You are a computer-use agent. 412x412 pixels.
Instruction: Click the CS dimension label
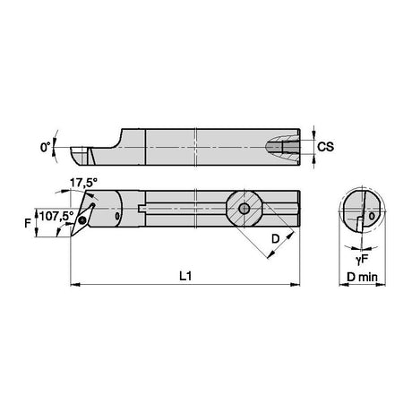(325, 147)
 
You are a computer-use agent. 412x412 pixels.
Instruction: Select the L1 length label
(185, 276)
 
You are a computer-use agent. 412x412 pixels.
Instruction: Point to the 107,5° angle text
(56, 216)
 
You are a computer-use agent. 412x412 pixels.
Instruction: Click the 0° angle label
(46, 147)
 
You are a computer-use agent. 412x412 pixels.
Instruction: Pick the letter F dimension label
(28, 223)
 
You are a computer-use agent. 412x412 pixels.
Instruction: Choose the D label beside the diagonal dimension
(275, 239)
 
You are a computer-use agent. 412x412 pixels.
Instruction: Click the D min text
(362, 277)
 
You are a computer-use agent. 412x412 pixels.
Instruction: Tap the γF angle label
(361, 260)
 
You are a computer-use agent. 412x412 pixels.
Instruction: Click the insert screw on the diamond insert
(82, 221)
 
